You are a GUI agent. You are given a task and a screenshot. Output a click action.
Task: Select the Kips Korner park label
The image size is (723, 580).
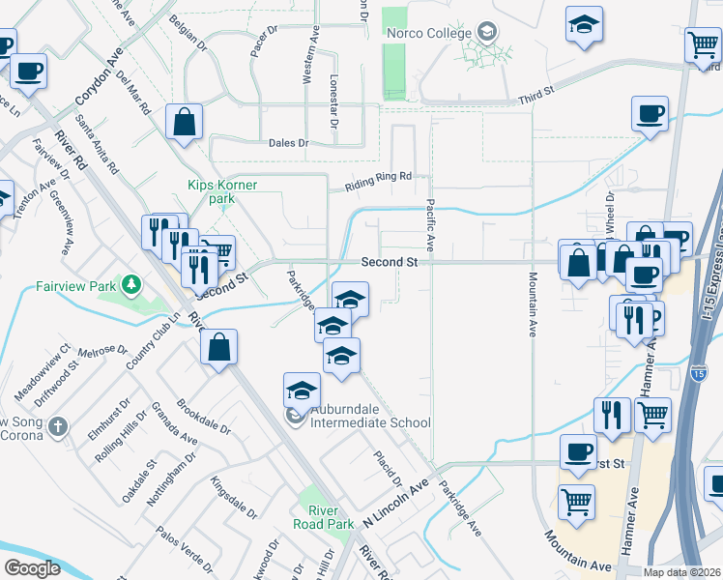coord(211,191)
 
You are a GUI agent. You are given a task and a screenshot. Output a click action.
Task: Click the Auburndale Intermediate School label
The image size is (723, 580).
coord(370,422)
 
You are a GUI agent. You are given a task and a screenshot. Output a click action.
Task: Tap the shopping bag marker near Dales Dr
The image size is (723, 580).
coord(183,123)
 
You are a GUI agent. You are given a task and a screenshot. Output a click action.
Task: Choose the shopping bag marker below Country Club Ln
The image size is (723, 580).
coord(219,345)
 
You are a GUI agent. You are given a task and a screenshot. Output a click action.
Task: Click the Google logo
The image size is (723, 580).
coord(33,568)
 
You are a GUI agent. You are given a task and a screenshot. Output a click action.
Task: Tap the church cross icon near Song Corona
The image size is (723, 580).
coord(59,425)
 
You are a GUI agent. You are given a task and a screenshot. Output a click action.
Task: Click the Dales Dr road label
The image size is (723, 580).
coord(288,143)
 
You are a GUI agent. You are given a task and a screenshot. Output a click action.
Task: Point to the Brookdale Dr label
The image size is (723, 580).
coord(205,417)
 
